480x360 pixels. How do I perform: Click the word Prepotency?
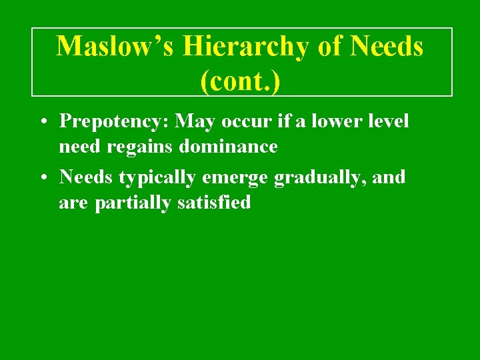(113, 122)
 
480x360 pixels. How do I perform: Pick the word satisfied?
(214, 202)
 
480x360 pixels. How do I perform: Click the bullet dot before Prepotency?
(42, 122)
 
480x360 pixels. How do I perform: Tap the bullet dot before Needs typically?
(42, 178)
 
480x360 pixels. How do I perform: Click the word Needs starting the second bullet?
(87, 178)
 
